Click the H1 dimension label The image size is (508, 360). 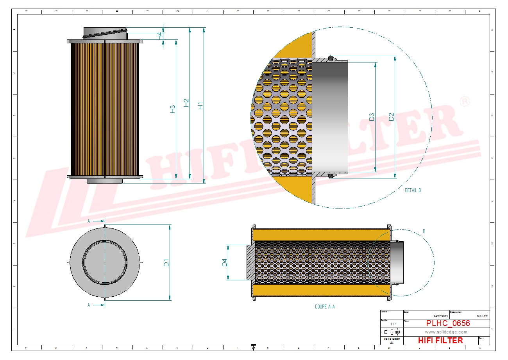click(x=200, y=105)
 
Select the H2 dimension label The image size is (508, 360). click(x=186, y=102)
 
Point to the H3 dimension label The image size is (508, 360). click(x=172, y=109)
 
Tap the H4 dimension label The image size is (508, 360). click(x=159, y=35)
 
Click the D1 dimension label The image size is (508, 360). click(x=166, y=262)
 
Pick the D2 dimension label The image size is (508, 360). click(x=391, y=117)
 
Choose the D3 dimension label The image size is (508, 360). click(x=372, y=117)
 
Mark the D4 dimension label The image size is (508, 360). click(x=224, y=262)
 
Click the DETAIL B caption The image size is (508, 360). click(x=413, y=191)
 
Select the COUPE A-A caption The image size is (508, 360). click(x=325, y=307)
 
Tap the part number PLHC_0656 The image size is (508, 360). click(x=448, y=323)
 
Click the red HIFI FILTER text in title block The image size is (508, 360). click(x=440, y=340)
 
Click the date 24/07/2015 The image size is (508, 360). click(x=441, y=316)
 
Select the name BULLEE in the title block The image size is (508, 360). click(x=482, y=316)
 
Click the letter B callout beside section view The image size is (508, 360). click(x=424, y=231)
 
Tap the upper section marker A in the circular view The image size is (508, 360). click(x=89, y=221)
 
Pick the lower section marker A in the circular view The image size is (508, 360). click(x=89, y=305)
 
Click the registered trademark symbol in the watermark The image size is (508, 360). click(x=465, y=102)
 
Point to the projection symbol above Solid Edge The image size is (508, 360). click(x=392, y=332)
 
